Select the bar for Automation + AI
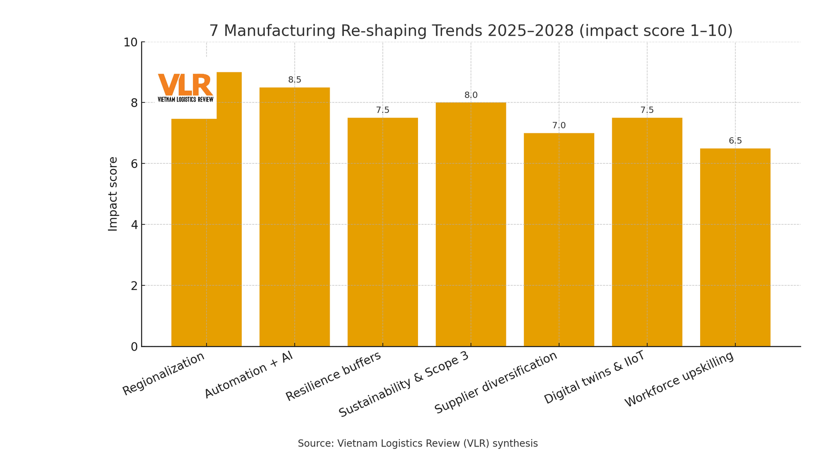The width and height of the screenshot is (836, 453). point(294,218)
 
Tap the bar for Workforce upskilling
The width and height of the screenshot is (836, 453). point(735,248)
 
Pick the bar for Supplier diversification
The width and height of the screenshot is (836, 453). point(559,240)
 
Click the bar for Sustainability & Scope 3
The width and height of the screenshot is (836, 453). point(471,224)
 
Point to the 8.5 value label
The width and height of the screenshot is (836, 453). point(295,80)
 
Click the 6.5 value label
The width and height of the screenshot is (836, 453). point(735,141)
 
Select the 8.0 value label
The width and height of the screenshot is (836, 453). point(471,95)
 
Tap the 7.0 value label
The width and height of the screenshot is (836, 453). point(559,125)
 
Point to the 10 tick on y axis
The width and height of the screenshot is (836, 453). point(130,42)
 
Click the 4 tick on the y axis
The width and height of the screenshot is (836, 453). point(134,225)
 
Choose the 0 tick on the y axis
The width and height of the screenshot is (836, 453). point(134,347)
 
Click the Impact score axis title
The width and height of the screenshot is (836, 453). point(113,194)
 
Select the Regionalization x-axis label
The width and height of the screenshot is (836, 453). point(164,374)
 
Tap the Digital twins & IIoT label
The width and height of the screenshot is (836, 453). point(594,377)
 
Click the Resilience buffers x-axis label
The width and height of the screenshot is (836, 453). point(334,376)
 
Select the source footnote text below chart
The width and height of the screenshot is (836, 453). point(418,443)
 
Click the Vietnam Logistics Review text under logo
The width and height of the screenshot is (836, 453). point(185,99)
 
